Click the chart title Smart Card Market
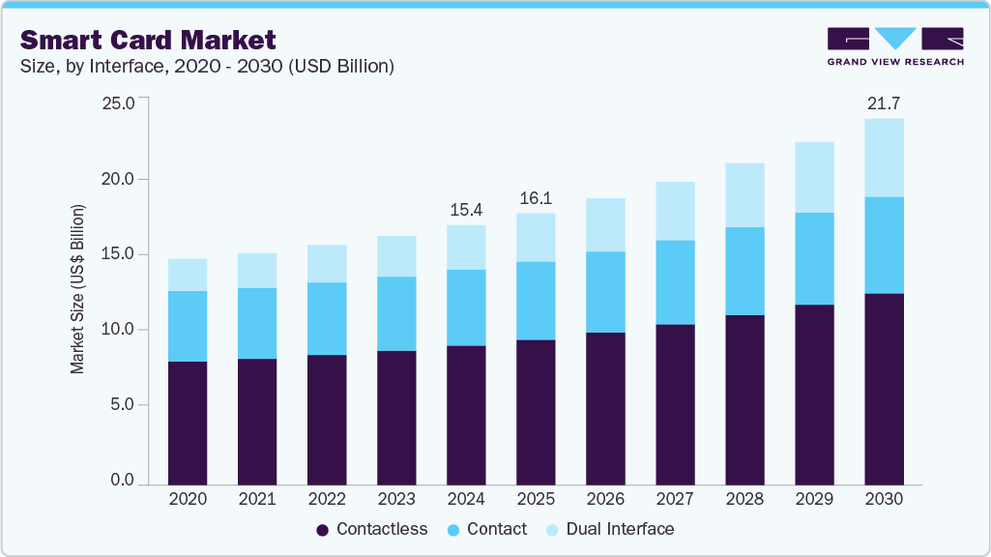point(148,40)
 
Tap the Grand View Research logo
point(895,46)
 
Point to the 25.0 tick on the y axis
point(119,103)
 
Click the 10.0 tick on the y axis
point(119,330)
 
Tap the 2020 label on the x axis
point(188,499)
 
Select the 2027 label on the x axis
point(675,499)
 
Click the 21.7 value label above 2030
point(884,103)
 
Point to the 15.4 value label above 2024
point(466,209)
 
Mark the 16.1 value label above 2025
point(536,197)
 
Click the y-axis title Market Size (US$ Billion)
point(77,290)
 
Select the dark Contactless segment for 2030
point(884,387)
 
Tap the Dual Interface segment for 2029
point(814,177)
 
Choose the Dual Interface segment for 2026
point(605,224)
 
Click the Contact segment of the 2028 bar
point(744,271)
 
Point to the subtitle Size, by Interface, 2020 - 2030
point(207,67)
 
